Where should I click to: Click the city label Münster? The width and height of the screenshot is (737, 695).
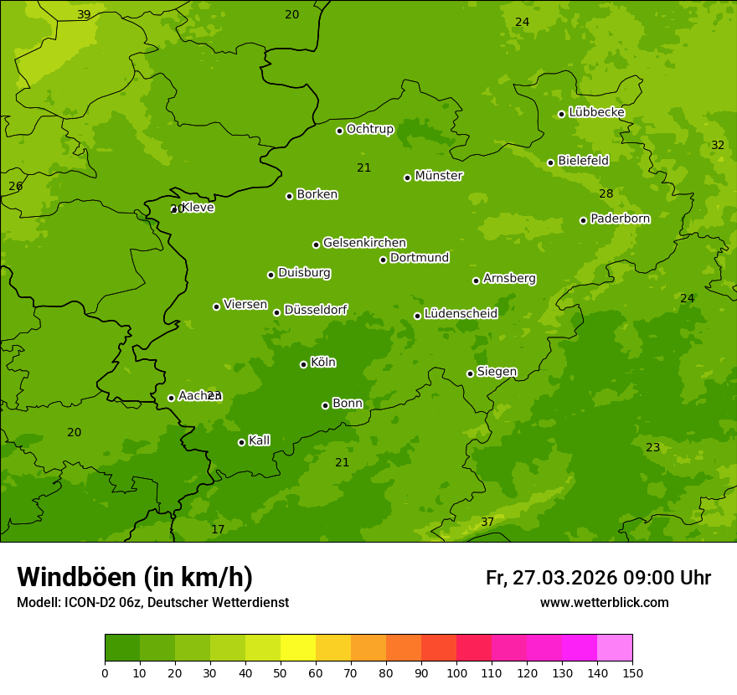coord(439,176)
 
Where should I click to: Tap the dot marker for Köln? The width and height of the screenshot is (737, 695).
coord(303,364)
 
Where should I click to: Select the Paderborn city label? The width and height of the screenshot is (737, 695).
coord(621,219)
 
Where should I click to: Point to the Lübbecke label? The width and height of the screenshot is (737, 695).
coord(596,112)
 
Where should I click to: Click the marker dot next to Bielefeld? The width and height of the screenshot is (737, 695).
coord(550,162)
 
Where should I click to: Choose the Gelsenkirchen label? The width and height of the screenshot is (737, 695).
coord(364,243)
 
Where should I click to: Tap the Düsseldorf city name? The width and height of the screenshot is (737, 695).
coord(316,310)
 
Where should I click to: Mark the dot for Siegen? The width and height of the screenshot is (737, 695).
coord(470,373)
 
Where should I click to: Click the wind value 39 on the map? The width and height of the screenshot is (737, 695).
coord(84,14)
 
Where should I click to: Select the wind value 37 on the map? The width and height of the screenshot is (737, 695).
coord(487,522)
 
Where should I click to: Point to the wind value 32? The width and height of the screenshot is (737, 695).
coord(718,145)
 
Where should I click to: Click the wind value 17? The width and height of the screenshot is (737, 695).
coord(218,529)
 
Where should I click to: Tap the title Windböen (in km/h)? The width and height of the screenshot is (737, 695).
coord(135,577)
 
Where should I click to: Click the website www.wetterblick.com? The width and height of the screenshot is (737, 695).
coord(604,602)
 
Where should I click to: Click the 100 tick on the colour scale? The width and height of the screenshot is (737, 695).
coord(456,672)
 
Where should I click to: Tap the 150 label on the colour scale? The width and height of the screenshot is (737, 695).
coord(632,672)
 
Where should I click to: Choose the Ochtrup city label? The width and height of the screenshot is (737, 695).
coord(369,129)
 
